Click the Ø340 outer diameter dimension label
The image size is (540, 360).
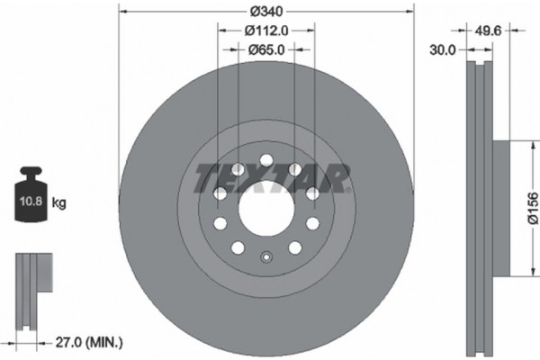click(266, 12)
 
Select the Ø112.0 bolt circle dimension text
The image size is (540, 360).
click(266, 31)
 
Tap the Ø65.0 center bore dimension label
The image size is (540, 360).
click(266, 50)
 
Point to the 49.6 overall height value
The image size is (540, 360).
click(488, 31)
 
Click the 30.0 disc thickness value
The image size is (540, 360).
click(443, 50)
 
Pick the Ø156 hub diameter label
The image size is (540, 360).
click(533, 209)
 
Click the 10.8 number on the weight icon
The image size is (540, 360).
click(31, 202)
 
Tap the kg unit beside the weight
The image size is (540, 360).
click(58, 202)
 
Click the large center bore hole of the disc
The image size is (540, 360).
click(266, 209)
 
